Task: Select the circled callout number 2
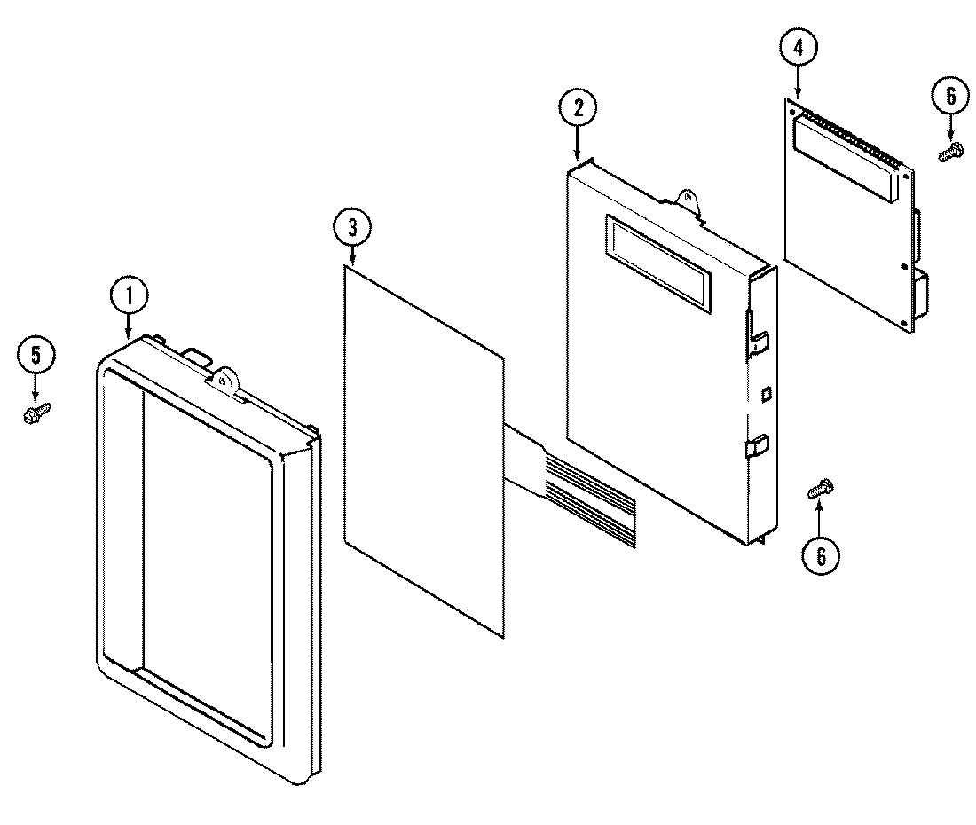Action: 578,108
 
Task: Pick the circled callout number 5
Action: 35,356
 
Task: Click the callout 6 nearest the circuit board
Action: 949,97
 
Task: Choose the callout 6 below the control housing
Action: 819,555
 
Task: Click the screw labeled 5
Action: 37,411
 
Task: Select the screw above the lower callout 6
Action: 819,489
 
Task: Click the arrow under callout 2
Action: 578,144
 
